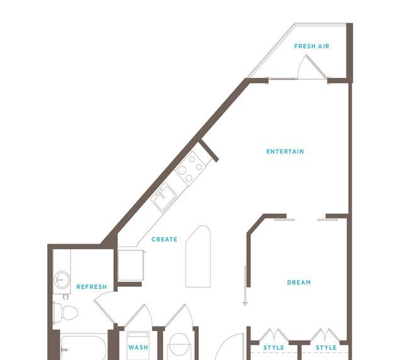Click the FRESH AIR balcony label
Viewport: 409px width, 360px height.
coord(311,47)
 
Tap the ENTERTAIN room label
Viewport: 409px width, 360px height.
coord(285,152)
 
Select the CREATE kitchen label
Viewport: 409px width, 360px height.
coord(164,240)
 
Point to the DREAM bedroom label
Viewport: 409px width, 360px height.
coord(299,283)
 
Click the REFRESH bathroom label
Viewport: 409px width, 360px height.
coord(92,287)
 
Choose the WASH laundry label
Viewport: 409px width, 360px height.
coord(138,347)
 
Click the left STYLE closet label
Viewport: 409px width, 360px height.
coord(274,348)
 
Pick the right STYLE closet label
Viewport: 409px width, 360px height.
coord(326,348)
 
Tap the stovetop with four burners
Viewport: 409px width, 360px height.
coord(189,167)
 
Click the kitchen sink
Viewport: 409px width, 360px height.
coord(164,197)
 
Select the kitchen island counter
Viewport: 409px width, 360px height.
coord(198,256)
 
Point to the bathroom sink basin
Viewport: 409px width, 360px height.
coord(62,279)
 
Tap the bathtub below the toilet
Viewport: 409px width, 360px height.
coord(84,347)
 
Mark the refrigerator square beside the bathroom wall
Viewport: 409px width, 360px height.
coord(131,266)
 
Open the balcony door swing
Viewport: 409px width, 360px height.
coord(312,67)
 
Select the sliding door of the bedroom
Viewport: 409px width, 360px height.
coord(245,285)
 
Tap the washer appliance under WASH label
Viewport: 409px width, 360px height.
coord(138,346)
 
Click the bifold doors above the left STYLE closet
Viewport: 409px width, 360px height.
coord(274,335)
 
